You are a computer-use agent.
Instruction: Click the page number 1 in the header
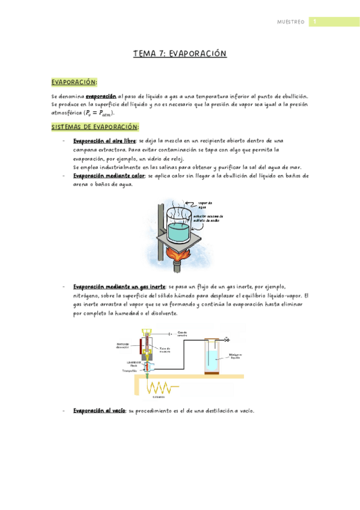[313, 22]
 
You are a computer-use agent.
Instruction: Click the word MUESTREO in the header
[290, 22]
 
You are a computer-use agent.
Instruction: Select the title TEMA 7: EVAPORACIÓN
[180, 54]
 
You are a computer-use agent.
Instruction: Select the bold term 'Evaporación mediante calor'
[109, 176]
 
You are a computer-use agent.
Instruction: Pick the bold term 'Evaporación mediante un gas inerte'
[120, 287]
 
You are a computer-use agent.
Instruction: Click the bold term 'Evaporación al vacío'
[99, 411]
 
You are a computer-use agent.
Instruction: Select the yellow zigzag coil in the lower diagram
[159, 387]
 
